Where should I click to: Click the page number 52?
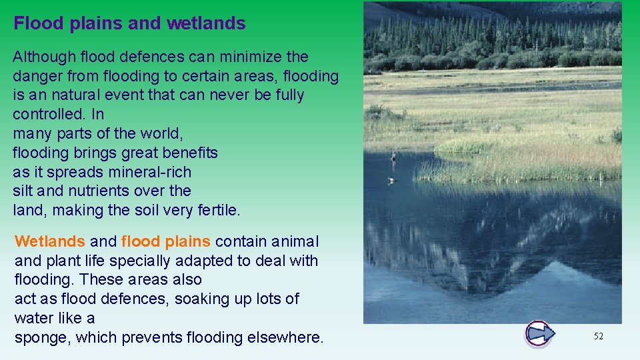[598, 337]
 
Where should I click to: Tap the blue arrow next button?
[539, 333]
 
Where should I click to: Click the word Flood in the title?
[37, 23]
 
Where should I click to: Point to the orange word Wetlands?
[50, 241]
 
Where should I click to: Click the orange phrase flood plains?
[166, 241]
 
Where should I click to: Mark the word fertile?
[218, 210]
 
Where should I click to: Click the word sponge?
[41, 338]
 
